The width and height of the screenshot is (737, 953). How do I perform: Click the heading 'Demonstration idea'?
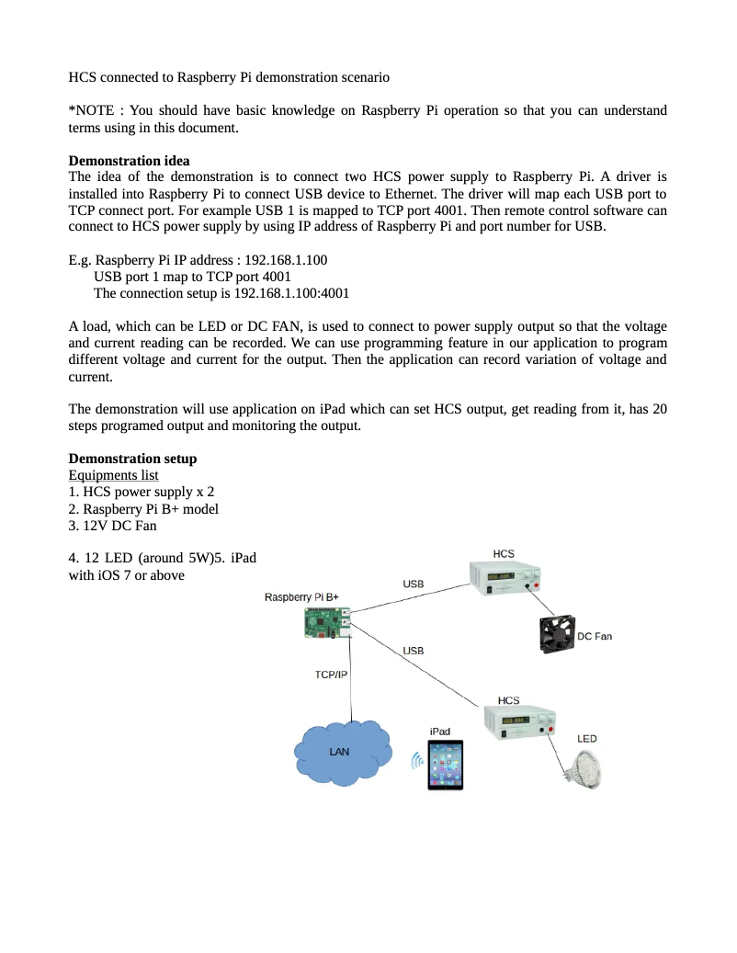130,161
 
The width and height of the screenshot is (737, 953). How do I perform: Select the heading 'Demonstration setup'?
132,459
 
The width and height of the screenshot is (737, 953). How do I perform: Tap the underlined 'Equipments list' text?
113,475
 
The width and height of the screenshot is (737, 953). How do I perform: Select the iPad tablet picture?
445,765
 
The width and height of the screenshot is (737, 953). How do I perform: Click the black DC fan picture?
554,634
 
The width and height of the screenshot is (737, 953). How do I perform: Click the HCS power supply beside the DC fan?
504,578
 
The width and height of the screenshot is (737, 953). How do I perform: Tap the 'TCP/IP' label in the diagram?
331,675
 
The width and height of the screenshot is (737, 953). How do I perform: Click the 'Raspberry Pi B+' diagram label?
301,597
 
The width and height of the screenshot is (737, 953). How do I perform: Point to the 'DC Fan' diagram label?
594,636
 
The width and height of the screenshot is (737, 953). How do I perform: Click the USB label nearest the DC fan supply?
414,584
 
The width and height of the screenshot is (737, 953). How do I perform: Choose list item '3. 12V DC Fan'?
113,525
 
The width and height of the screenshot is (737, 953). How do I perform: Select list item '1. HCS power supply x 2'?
142,492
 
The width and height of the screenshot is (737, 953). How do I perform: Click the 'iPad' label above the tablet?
440,731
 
